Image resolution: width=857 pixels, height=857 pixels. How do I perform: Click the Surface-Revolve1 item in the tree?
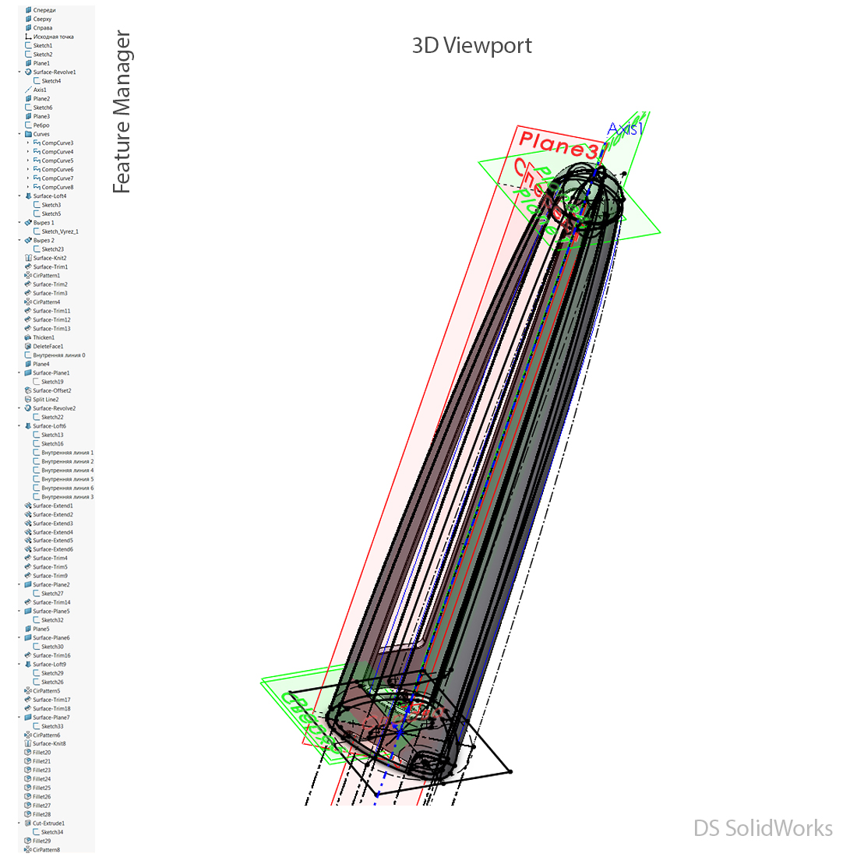tap(54, 72)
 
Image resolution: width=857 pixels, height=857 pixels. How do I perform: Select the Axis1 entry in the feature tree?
tap(40, 90)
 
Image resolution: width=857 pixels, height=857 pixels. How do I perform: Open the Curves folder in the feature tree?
tap(41, 134)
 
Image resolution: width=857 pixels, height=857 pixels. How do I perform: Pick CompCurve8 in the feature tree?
tap(57, 187)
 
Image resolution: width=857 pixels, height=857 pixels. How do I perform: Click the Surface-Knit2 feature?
tap(49, 258)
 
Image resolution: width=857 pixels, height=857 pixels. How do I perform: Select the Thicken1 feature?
tap(44, 337)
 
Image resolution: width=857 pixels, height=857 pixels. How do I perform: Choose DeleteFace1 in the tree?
tap(48, 347)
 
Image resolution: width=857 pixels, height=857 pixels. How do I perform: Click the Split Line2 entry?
tap(45, 400)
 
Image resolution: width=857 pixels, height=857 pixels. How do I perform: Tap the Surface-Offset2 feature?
tap(51, 390)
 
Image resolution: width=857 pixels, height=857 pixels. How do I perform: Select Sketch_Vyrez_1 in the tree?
tap(59, 231)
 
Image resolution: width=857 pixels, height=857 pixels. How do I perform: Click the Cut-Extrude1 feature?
tap(48, 823)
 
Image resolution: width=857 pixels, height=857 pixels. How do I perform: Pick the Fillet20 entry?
tap(41, 753)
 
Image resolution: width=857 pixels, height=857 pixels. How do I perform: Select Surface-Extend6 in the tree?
tap(52, 549)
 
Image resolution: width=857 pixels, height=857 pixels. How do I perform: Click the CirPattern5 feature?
tap(46, 691)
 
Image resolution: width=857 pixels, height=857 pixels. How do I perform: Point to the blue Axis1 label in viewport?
tap(625, 129)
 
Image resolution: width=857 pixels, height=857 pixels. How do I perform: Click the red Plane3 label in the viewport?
tap(558, 146)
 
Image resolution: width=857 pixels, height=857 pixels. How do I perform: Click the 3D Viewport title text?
tap(471, 45)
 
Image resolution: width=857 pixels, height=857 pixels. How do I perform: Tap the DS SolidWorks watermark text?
tap(763, 828)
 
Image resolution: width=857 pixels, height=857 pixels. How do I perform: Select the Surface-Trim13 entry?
tap(51, 329)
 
